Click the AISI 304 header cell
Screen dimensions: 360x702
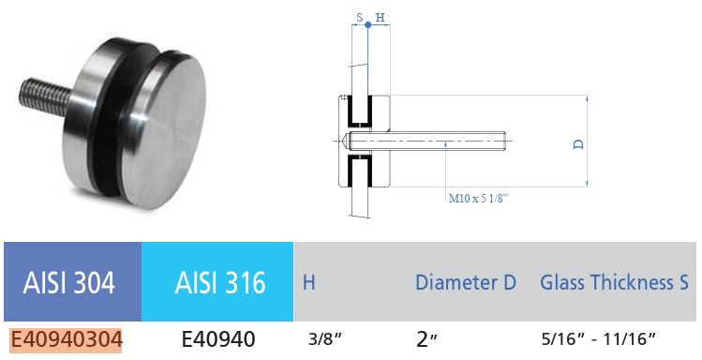70,281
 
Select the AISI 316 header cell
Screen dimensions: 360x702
217,281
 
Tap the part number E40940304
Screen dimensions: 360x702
67,339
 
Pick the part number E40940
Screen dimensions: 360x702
217,339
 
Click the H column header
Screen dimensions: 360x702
308,282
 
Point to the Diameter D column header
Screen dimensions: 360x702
466,282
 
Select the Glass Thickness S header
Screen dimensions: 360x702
614,282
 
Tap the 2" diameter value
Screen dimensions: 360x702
427,339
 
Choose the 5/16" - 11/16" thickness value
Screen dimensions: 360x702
598,339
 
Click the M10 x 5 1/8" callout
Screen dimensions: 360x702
485,198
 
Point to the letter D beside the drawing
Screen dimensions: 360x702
578,144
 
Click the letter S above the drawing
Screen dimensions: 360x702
360,17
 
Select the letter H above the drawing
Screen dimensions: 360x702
380,17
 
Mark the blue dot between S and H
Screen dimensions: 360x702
368,25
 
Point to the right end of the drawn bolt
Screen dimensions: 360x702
504,143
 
